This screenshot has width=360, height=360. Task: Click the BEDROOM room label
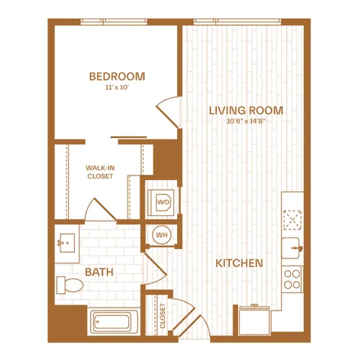click(x=117, y=76)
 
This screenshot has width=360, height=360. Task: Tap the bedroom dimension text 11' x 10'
click(x=117, y=88)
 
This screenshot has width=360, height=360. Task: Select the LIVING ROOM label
click(x=246, y=110)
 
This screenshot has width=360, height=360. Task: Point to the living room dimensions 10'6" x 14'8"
click(x=246, y=121)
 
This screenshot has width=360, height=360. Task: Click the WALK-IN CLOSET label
click(x=100, y=172)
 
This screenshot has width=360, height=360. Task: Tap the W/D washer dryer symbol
click(x=162, y=202)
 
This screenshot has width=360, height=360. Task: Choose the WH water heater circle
click(x=162, y=235)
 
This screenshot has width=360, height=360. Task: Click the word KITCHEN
click(x=239, y=263)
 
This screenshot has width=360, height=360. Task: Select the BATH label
click(x=99, y=272)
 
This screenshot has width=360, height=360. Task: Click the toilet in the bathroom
click(x=70, y=285)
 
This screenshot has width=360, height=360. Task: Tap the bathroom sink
click(x=67, y=243)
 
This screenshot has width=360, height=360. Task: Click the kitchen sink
click(x=292, y=247)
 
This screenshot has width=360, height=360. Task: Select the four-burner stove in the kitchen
click(x=292, y=279)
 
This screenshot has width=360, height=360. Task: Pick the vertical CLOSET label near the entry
click(x=163, y=316)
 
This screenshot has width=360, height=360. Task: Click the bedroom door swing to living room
click(x=168, y=112)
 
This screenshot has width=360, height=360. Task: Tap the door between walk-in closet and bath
click(x=100, y=209)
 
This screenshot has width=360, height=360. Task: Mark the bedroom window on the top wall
click(x=114, y=22)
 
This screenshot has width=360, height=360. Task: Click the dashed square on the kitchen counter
click(x=292, y=220)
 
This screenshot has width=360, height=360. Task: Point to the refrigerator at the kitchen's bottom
click(x=254, y=320)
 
